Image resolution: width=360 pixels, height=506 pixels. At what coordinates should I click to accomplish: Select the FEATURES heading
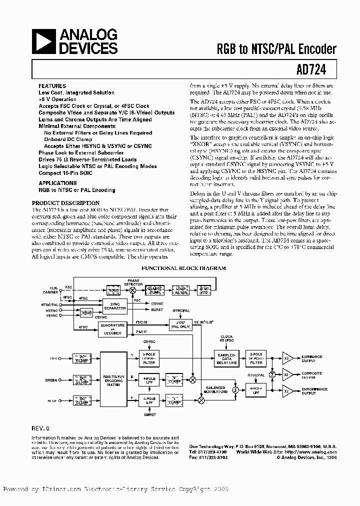tap(52, 86)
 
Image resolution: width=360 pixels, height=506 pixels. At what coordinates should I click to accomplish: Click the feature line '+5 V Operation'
tap(57, 99)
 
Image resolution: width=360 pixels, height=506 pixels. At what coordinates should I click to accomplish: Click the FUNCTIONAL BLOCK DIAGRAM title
tap(183, 268)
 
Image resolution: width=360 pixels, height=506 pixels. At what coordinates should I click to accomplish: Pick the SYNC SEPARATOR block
tap(114, 306)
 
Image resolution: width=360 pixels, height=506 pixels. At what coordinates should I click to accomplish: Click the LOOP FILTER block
tap(180, 290)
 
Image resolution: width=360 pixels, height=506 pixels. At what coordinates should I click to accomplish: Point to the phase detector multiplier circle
tap(133, 290)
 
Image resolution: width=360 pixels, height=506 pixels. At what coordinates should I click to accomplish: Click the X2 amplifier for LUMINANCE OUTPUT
tap(287, 358)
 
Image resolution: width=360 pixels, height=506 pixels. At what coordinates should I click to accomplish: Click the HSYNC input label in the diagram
tap(51, 310)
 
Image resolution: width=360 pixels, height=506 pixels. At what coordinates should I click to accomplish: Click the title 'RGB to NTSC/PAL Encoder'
tap(276, 48)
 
